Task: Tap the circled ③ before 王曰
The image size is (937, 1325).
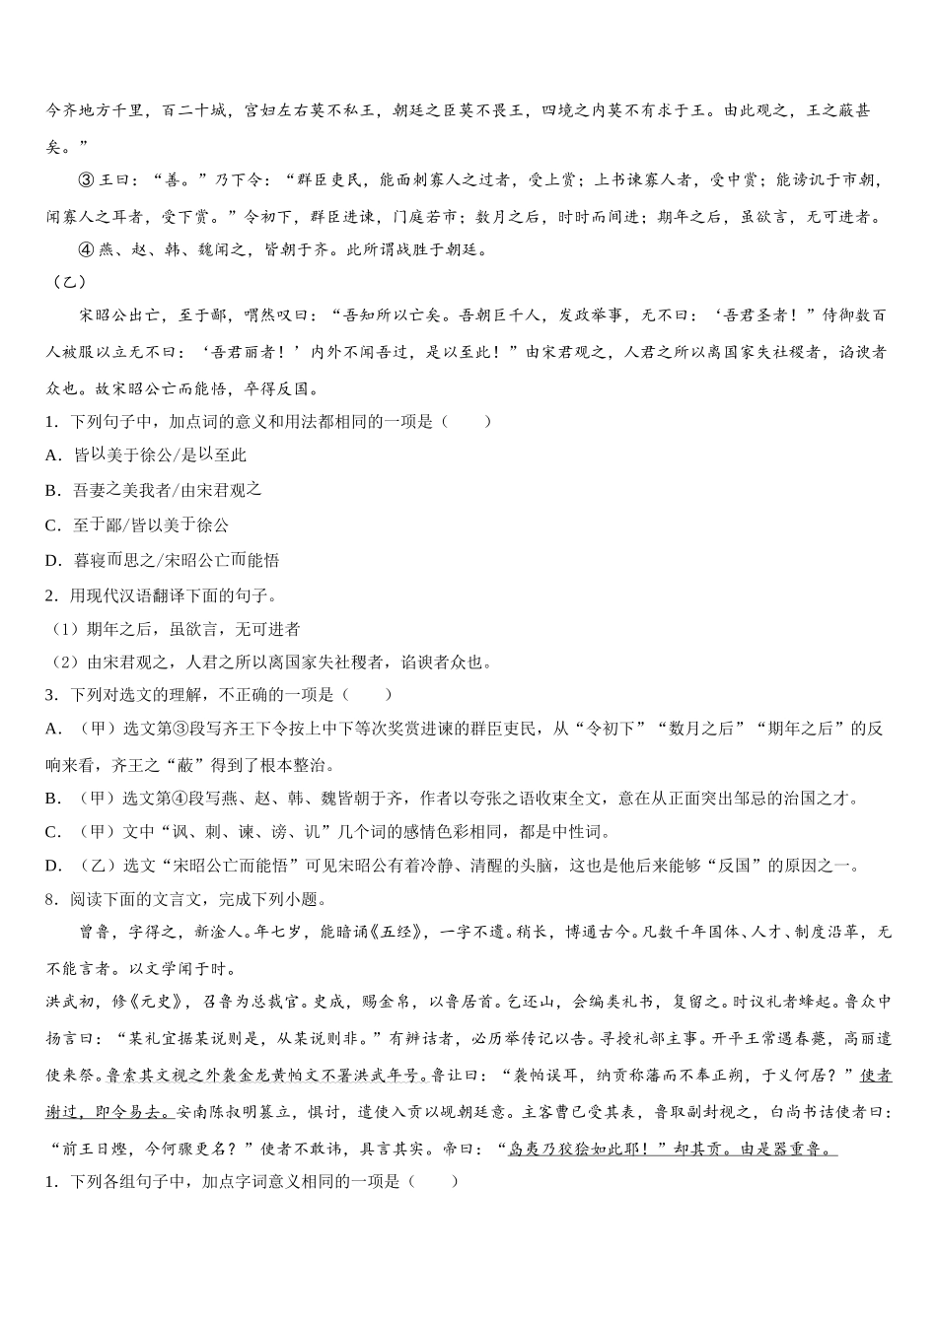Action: (85, 180)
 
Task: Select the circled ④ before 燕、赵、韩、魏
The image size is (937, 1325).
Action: (85, 249)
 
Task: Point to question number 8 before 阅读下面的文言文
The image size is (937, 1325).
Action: (50, 899)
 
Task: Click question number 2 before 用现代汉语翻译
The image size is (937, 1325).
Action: (50, 594)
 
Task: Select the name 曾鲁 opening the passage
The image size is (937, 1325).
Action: (93, 932)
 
